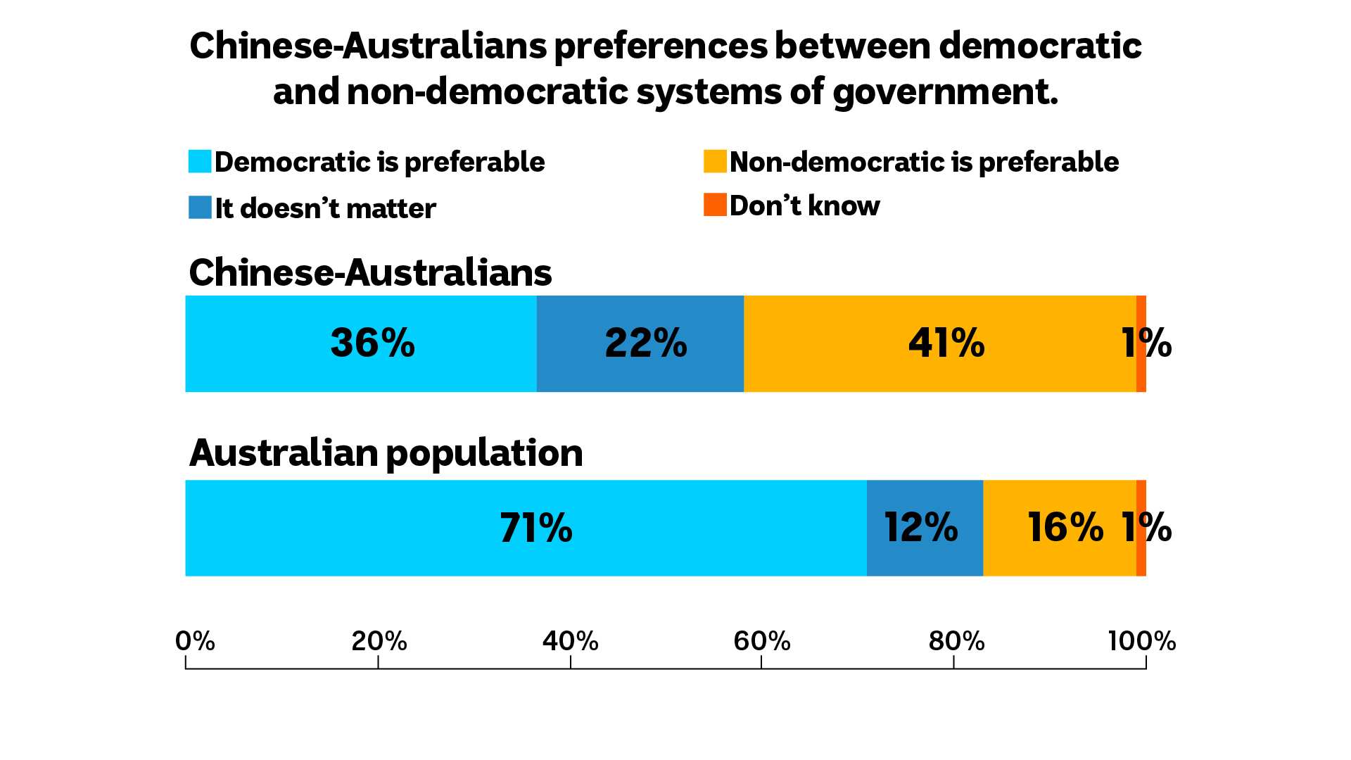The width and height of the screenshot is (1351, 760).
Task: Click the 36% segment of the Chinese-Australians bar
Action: click(361, 343)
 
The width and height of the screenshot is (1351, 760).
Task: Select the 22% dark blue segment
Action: click(640, 343)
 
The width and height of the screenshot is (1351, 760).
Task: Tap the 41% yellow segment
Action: click(940, 343)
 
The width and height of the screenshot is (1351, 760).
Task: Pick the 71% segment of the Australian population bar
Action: click(526, 528)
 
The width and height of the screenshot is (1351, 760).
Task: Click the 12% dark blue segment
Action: click(925, 528)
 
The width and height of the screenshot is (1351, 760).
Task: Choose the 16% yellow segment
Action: click(1060, 528)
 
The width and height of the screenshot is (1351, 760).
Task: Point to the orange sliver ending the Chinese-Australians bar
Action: click(1141, 343)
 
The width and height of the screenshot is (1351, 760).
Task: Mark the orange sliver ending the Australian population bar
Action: click(1141, 528)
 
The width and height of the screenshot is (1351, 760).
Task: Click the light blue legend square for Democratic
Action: click(200, 161)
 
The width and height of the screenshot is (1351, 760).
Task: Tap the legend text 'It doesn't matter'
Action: click(325, 208)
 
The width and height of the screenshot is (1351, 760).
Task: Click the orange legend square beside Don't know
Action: click(715, 204)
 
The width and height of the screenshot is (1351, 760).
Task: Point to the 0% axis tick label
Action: click(195, 641)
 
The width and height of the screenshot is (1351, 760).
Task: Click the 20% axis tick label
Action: click(379, 641)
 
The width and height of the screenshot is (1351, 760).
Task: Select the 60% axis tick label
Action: click(762, 641)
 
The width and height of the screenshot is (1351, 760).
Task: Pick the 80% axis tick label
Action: click(956, 641)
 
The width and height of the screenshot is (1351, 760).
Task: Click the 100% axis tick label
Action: click(1141, 641)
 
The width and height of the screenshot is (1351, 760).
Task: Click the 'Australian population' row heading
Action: click(386, 452)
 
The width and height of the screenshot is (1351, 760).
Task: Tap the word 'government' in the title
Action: click(945, 92)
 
